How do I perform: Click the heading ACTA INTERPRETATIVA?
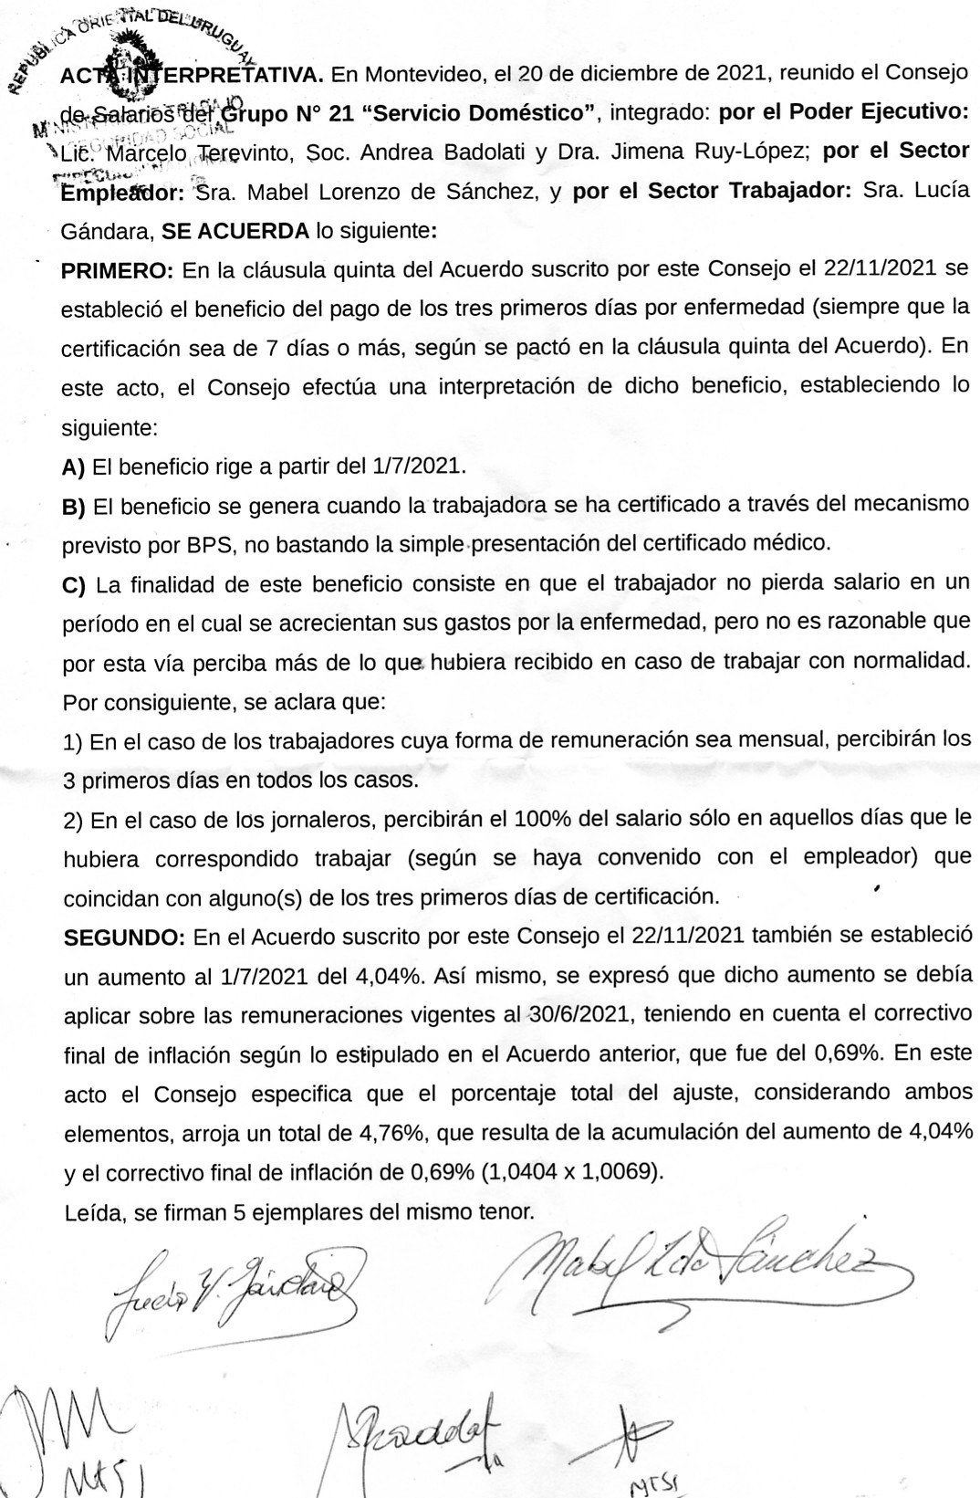point(192,75)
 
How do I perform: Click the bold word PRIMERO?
point(116,271)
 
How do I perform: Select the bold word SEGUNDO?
point(124,938)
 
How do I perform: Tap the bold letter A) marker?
point(73,467)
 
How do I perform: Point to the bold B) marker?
point(73,507)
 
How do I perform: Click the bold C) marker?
point(74,585)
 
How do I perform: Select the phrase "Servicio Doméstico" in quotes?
point(478,113)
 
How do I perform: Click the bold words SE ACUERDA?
point(235,231)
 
